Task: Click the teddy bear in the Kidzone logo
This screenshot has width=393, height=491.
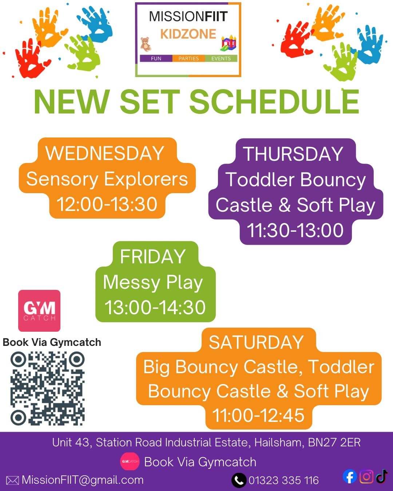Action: coord(146,44)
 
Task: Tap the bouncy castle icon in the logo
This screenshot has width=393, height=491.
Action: coord(229,43)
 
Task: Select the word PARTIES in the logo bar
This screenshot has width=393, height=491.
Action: coord(188,58)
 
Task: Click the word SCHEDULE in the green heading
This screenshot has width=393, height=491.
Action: coord(274,102)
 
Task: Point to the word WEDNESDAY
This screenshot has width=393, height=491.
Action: coord(105,153)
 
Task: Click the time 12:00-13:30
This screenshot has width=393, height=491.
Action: coord(107,204)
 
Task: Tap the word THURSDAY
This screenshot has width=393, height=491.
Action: coord(293,154)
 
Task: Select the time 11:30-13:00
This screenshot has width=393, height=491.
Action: coord(295,230)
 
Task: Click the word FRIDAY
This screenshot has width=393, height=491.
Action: coord(153,256)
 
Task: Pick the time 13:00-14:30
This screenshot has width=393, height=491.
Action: coord(155,307)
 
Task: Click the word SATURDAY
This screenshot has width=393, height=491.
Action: coord(256,342)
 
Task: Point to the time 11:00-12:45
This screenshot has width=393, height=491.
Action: coord(258,415)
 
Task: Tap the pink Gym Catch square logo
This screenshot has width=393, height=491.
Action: coord(39,311)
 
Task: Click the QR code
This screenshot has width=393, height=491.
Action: coord(47,388)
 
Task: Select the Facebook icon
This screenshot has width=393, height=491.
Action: coord(350,476)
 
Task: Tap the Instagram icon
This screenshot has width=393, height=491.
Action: coord(366,476)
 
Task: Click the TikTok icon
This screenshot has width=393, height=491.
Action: coord(381,476)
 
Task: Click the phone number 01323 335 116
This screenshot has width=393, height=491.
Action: coord(283,480)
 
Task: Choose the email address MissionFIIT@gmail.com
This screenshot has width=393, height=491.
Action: coord(83,480)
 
